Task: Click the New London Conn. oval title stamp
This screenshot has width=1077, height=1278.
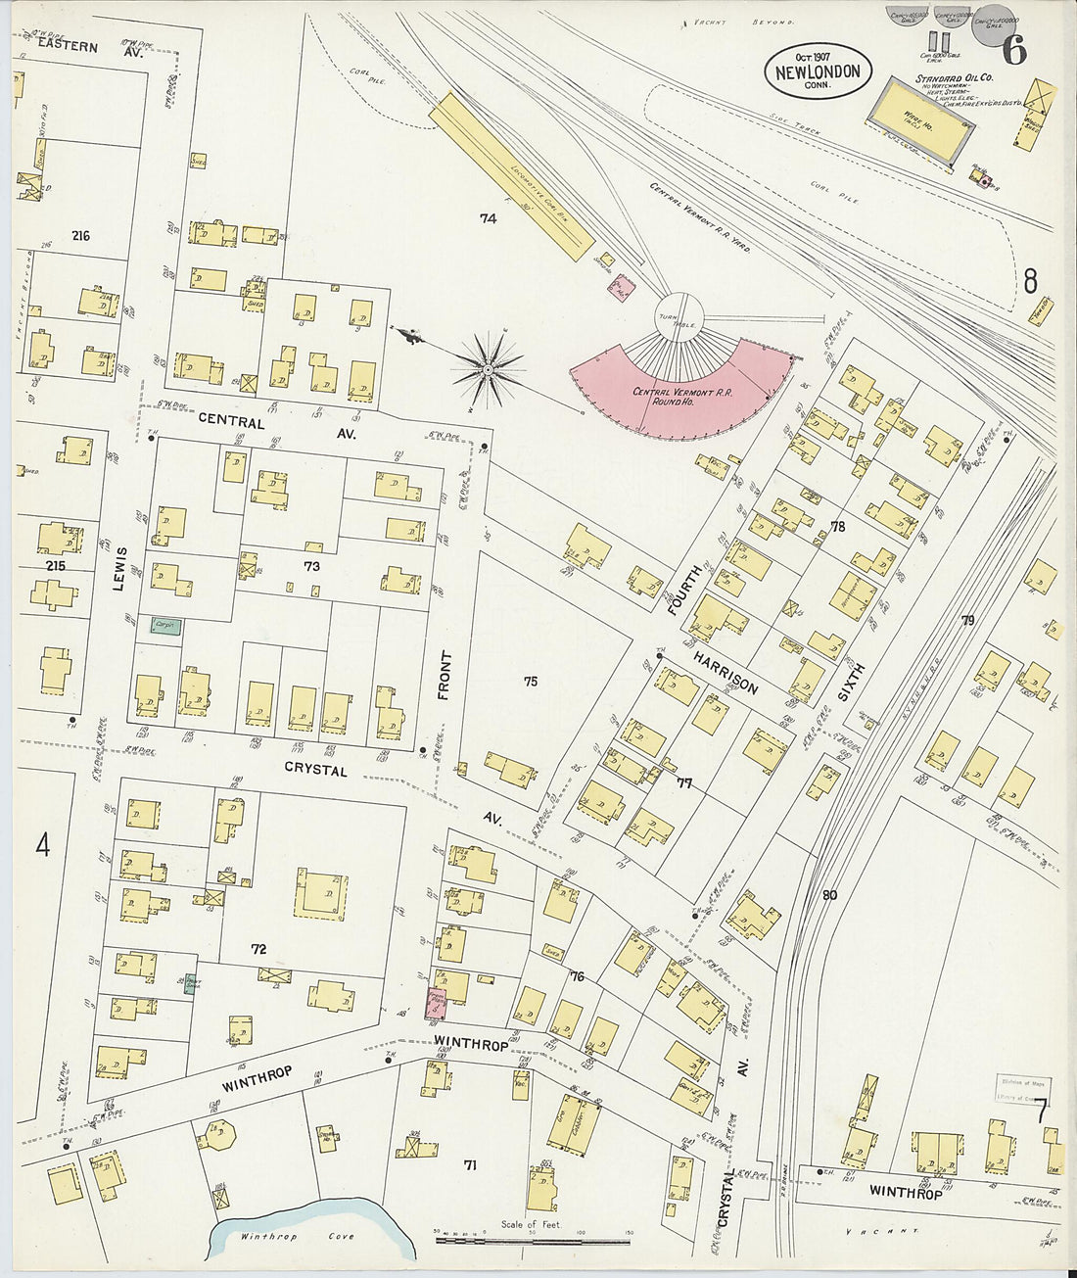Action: coord(818,72)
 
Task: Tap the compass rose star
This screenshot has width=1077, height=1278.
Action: coord(487,369)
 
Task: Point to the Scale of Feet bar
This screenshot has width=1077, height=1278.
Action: coord(532,1240)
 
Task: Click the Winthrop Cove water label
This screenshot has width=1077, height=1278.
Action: coord(285,1237)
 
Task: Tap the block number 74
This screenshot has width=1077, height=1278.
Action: coord(488,218)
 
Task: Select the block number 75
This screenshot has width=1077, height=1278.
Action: coord(530,682)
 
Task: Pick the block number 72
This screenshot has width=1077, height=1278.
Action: coord(258,949)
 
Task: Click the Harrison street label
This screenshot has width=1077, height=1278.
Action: coord(726,672)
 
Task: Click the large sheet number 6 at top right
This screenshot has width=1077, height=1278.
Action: coord(1014,49)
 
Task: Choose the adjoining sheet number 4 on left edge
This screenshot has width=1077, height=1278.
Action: coord(42,845)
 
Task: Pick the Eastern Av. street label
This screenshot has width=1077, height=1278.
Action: coord(84,48)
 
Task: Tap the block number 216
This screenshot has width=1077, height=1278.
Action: coord(80,236)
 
